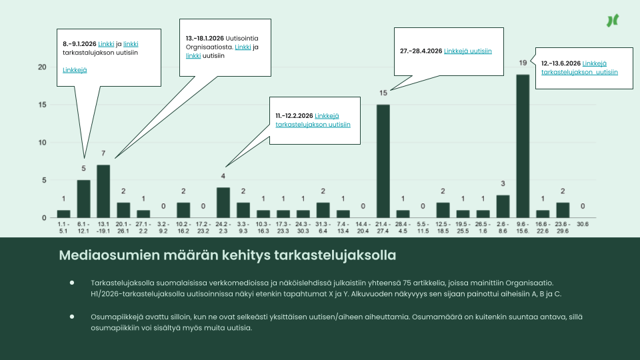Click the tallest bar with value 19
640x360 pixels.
point(523,146)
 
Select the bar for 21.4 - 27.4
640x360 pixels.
point(383,161)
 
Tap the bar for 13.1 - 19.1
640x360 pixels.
point(103,191)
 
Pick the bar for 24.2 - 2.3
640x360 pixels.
point(223,203)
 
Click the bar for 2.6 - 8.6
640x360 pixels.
point(503,207)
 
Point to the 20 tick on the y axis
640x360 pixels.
point(42,67)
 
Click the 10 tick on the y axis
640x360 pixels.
point(42,143)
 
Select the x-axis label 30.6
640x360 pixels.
point(583,224)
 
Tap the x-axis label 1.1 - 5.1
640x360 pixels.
point(63,227)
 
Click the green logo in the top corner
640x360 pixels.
point(613,21)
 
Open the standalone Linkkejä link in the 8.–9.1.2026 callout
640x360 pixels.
point(75,70)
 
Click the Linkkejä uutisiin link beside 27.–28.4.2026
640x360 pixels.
point(468,51)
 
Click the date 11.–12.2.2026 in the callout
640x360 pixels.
point(294,116)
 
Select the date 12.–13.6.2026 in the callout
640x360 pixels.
point(561,63)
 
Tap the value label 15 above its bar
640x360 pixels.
point(383,93)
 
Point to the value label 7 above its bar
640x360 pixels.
point(103,153)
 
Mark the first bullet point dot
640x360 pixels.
point(72,283)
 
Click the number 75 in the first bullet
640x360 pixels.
point(407,283)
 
